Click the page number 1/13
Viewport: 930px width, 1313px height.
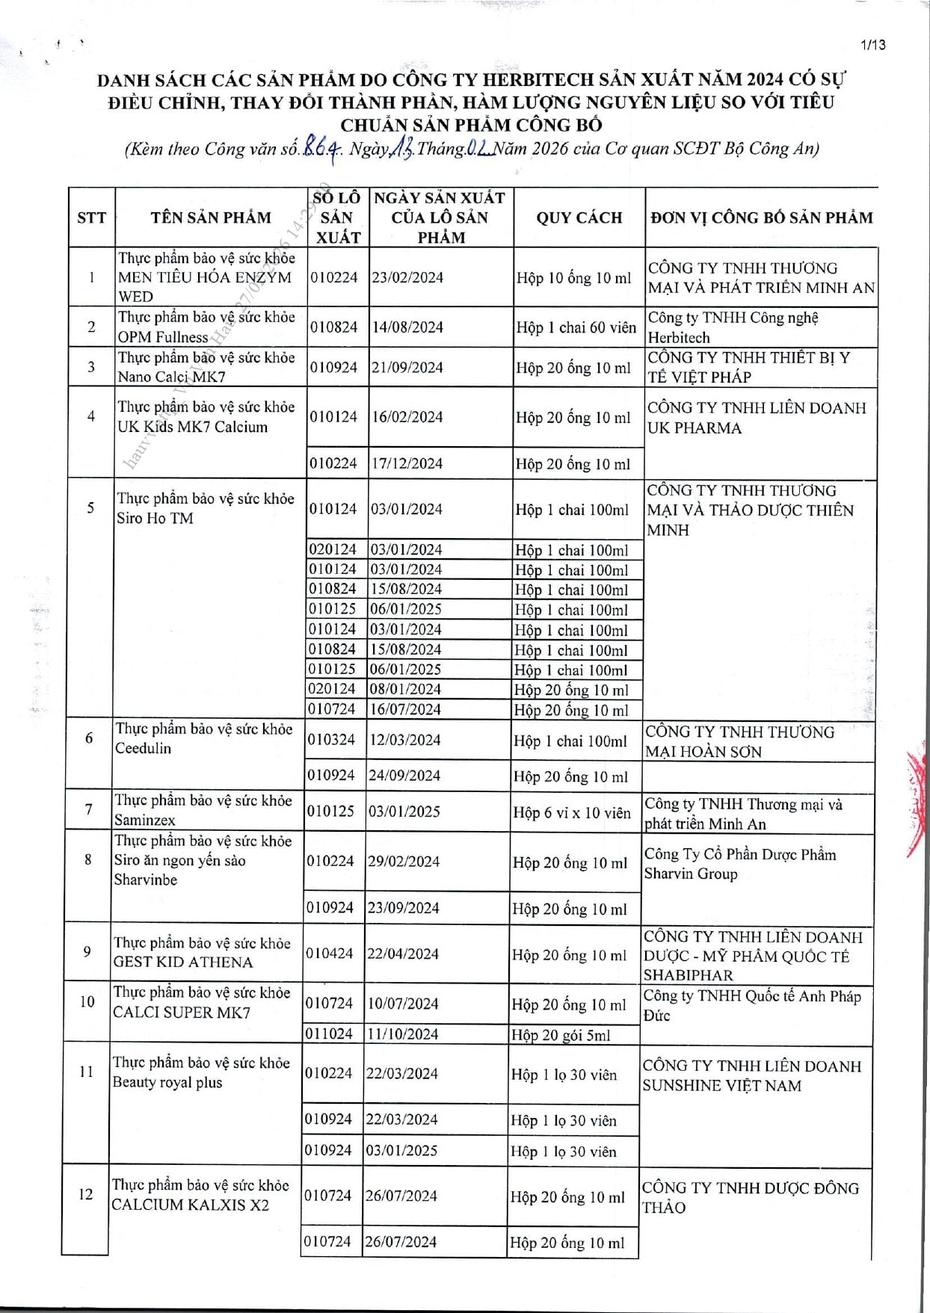(x=872, y=45)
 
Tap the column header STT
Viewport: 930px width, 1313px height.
(x=91, y=217)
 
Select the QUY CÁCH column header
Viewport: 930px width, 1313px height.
(x=579, y=217)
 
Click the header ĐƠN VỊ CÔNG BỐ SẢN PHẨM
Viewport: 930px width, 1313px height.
(x=761, y=217)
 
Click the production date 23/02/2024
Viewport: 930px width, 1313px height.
(x=407, y=277)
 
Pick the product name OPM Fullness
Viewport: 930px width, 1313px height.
(x=162, y=337)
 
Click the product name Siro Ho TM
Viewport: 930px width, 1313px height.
(x=155, y=519)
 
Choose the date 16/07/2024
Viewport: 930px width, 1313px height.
(x=405, y=709)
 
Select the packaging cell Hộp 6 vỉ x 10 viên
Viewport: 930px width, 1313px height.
(x=572, y=812)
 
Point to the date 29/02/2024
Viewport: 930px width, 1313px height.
(x=403, y=862)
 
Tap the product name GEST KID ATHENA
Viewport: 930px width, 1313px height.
(x=183, y=963)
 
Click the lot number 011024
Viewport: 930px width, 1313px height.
(x=329, y=1034)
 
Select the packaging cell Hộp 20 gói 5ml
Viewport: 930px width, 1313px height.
(x=561, y=1035)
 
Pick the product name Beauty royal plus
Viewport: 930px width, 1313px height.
(x=167, y=1083)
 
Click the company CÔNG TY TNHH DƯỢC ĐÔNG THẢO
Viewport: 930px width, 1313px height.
(x=750, y=1197)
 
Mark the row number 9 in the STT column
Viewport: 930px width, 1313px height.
(x=87, y=951)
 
